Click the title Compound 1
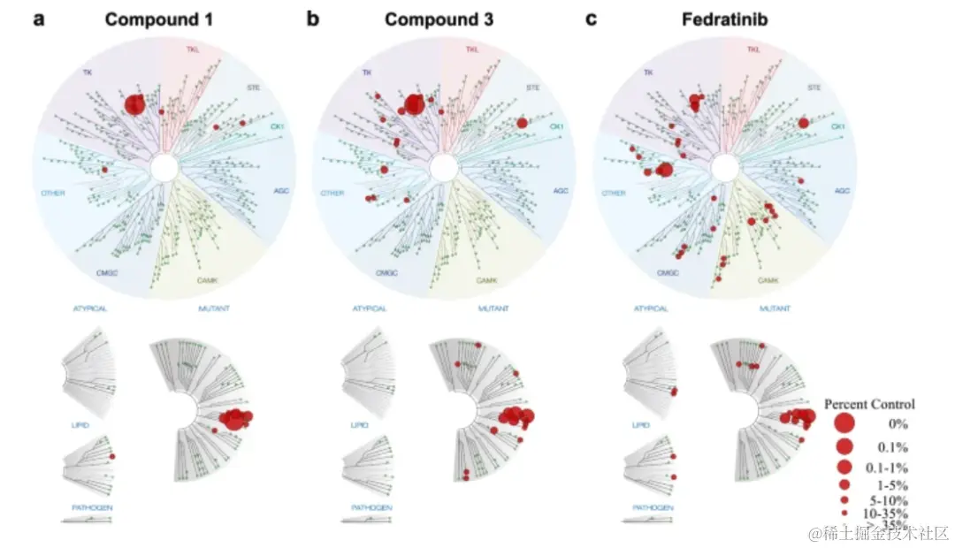[x=159, y=19]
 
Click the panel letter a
[x=39, y=19]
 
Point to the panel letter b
[x=313, y=19]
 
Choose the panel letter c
[x=592, y=19]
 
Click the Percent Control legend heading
[x=869, y=404]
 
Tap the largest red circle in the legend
[x=844, y=424]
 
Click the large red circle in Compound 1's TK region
[x=134, y=104]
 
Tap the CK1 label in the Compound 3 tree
[x=557, y=127]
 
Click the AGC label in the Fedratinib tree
[x=843, y=191]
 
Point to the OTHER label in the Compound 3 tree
[x=332, y=193]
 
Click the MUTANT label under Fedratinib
[x=775, y=309]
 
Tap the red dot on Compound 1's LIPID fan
[x=112, y=455]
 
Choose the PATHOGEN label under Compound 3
[x=372, y=507]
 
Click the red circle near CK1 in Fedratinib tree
[x=803, y=123]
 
